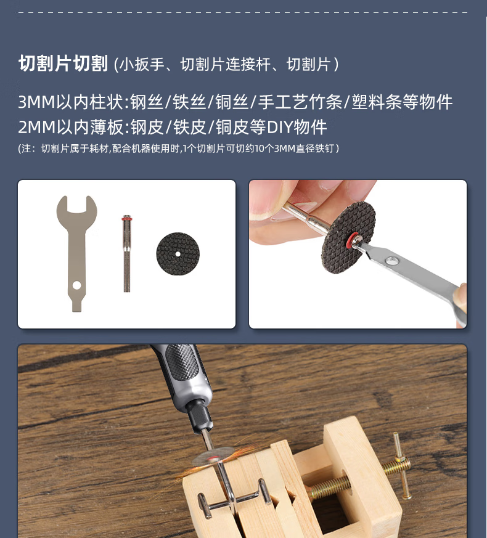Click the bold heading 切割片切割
(63, 63)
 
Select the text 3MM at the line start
(37, 102)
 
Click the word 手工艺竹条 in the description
(300, 102)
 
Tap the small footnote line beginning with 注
(178, 149)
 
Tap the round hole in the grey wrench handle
(76, 285)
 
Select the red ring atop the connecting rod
(126, 219)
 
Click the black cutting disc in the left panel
(178, 254)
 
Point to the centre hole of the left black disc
(178, 254)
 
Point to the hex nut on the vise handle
(399, 459)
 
